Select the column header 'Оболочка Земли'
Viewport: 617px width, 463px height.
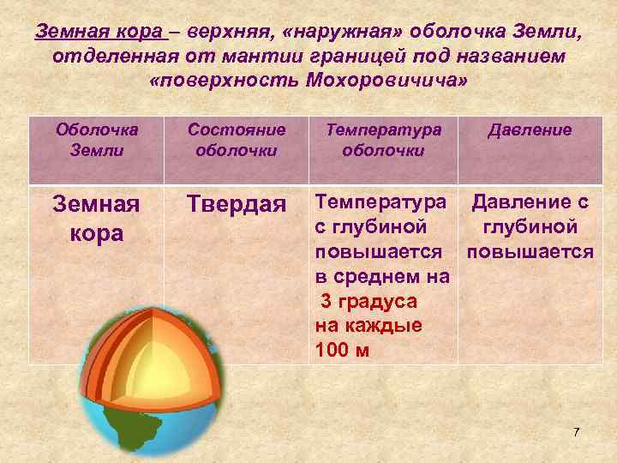(96, 139)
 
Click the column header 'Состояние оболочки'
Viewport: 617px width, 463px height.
(237, 139)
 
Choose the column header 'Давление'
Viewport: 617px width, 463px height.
(530, 130)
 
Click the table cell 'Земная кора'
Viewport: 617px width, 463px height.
(96, 219)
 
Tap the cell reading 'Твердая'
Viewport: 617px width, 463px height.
(237, 206)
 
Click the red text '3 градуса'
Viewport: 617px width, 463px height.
(368, 303)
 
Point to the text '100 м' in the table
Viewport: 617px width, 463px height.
(342, 350)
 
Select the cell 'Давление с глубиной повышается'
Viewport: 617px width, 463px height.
(530, 228)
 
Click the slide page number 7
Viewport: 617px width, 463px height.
(576, 431)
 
